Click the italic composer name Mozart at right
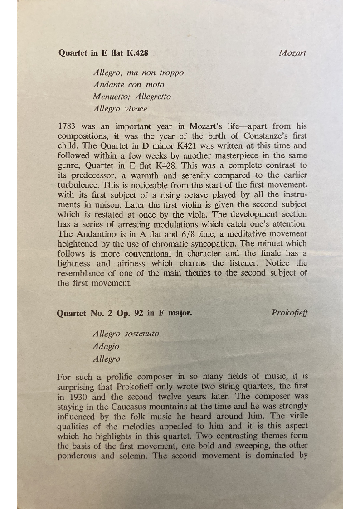pos(292,53)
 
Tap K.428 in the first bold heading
pos(137,53)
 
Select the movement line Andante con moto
pos(129,85)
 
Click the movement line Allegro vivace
pos(120,109)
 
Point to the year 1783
pos(68,126)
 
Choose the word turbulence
pos(78,185)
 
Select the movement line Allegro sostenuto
pos(126,334)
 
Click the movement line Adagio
pos(106,347)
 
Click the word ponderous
pos(78,456)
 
